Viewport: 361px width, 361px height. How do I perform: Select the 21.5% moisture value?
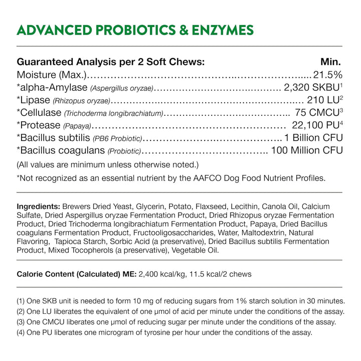(x=327, y=75)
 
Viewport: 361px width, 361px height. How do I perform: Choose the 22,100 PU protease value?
(x=317, y=125)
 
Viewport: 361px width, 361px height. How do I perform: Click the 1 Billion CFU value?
(x=313, y=138)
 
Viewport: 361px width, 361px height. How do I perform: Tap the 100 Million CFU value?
(x=307, y=150)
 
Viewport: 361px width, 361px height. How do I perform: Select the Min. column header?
(x=331, y=62)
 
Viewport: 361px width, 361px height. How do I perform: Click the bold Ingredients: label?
(x=39, y=207)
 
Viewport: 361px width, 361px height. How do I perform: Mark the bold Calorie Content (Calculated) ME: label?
(x=77, y=274)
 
